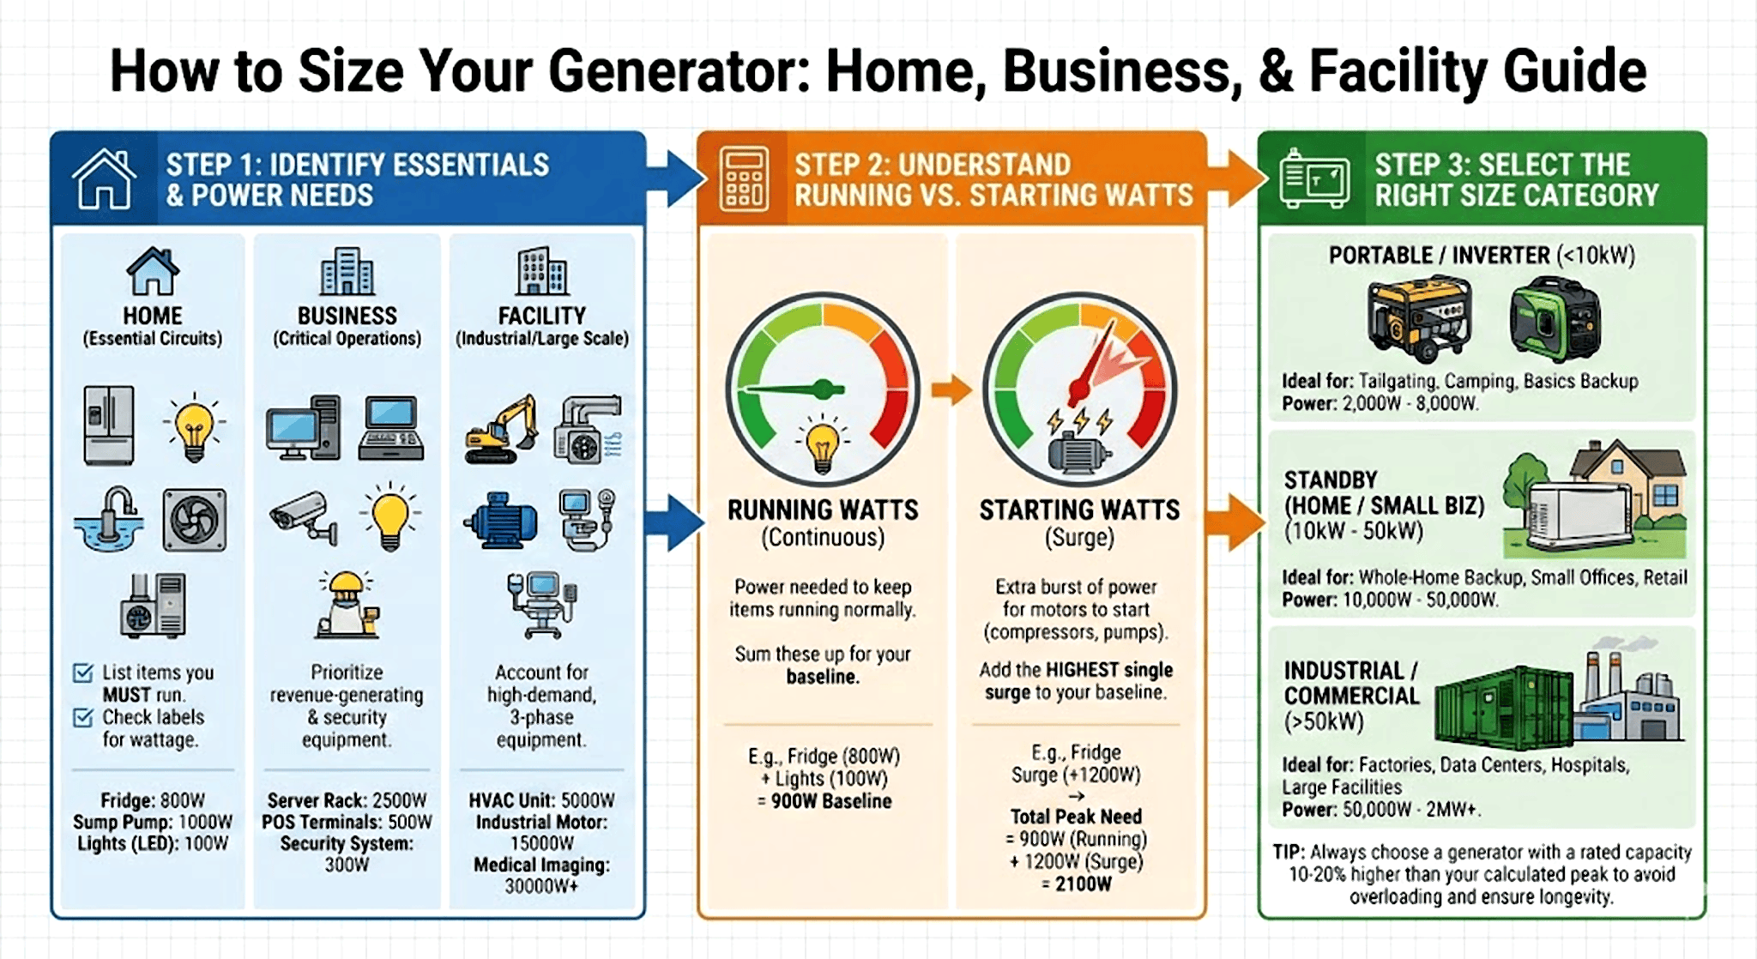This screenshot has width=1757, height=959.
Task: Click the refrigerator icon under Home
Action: [x=109, y=425]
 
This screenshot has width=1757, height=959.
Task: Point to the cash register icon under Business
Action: [x=391, y=427]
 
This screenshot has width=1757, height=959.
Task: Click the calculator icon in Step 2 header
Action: [x=744, y=178]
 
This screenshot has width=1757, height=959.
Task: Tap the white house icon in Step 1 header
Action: [x=104, y=178]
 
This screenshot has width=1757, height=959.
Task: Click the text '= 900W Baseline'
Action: [x=824, y=801]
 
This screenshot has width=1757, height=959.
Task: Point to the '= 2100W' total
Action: [x=1076, y=884]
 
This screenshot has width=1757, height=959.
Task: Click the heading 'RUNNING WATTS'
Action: [x=823, y=510]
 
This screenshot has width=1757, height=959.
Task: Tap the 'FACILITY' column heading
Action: [x=542, y=316]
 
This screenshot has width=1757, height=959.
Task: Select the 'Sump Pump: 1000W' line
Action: [x=153, y=822]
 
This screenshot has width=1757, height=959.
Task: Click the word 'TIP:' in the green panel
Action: [x=1288, y=852]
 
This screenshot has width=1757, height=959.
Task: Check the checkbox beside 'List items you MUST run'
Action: [x=83, y=673]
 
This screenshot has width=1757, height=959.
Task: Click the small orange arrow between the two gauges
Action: [x=951, y=390]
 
